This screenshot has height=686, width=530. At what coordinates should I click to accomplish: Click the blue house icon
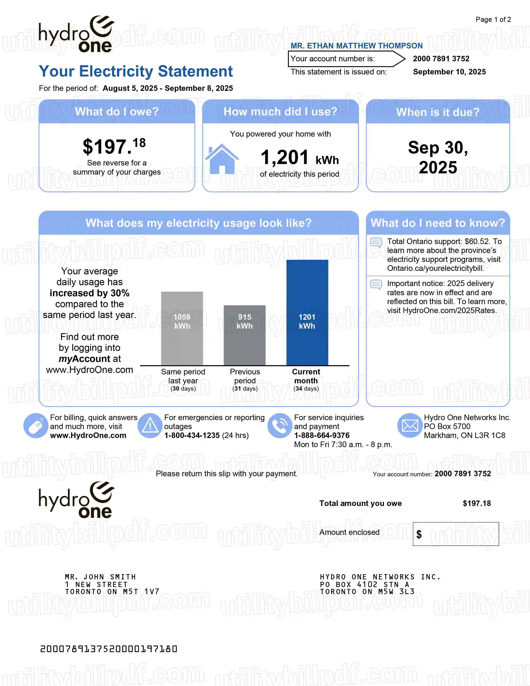click(222, 159)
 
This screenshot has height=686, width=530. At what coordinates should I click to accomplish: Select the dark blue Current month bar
click(307, 312)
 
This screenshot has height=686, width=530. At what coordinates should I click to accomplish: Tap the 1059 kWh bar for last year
click(182, 328)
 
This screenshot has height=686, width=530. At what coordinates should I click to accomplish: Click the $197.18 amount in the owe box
click(114, 146)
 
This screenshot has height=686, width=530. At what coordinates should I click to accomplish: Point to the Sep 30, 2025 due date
click(438, 157)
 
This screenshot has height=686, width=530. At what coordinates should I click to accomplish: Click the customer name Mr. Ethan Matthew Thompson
click(356, 46)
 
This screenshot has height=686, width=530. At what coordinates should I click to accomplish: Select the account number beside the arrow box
click(441, 59)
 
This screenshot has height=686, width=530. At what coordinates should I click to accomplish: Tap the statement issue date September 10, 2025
click(449, 72)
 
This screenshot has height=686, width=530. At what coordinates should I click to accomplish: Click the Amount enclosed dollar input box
click(456, 534)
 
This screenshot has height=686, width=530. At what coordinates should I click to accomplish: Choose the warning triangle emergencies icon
click(150, 426)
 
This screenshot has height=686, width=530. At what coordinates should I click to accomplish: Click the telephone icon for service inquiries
click(280, 426)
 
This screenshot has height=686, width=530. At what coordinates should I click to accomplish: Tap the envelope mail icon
click(410, 426)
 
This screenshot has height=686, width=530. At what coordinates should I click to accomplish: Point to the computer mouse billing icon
click(36, 426)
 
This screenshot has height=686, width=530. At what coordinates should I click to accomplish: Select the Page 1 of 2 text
click(493, 20)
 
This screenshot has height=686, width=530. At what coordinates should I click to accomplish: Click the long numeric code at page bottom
click(109, 649)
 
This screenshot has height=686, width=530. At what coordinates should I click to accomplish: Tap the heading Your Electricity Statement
click(136, 71)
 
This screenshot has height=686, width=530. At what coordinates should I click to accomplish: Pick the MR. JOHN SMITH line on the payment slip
click(100, 577)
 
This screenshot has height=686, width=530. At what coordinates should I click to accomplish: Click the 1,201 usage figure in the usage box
click(285, 157)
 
